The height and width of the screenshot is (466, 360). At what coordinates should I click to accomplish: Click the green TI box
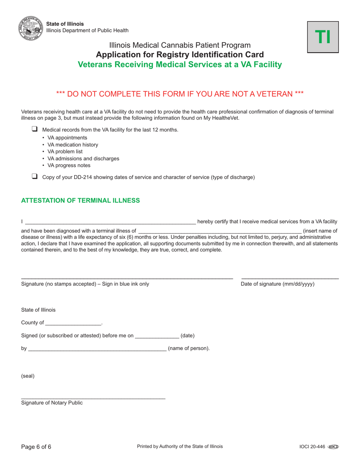pos(323,37)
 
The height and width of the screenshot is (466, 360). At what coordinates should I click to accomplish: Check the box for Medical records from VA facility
pos(35,129)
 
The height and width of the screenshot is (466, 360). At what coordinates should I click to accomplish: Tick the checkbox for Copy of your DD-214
pos(35,176)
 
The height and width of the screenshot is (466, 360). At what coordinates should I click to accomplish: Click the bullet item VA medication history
pos(72,145)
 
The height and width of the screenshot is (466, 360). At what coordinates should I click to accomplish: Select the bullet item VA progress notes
pos(69,165)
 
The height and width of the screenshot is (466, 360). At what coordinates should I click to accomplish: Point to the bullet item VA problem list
pos(65,152)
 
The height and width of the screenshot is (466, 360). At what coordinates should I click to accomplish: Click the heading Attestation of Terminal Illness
pos(80,200)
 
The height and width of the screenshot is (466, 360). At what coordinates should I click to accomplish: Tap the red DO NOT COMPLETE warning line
pos(180,94)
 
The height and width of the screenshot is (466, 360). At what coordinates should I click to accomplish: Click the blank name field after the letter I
pos(110,222)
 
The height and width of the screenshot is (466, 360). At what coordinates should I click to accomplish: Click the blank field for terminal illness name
pos(220,230)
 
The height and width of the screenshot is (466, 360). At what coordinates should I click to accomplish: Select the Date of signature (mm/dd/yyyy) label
pos(277,284)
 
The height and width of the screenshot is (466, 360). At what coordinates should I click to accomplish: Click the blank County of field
pos(73,323)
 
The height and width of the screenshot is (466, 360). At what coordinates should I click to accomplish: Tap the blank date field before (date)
pos(157,336)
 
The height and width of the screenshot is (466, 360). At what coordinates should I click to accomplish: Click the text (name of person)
pos(189,348)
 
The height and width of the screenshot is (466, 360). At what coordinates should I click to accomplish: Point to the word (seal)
pos(28,376)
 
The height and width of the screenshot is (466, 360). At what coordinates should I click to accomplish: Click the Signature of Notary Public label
pos(52,403)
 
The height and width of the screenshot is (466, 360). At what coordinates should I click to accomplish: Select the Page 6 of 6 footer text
pos(36,447)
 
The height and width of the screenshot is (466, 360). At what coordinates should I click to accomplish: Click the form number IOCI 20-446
pos(312,447)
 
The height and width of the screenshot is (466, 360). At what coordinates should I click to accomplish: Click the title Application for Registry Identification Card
pos(180,54)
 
